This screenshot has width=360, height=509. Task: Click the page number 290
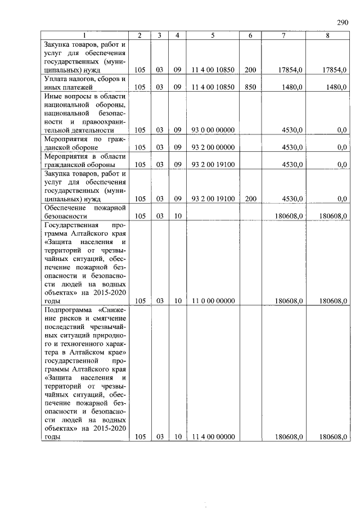point(343,22)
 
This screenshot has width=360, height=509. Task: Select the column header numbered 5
point(213,36)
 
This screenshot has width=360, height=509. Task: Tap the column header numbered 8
point(327,36)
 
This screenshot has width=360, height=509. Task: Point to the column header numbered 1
point(86,36)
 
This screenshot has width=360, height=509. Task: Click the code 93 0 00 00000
point(213,130)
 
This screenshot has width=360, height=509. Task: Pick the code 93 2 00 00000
point(213,147)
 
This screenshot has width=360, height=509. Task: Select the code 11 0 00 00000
point(213,301)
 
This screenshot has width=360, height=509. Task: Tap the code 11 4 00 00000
point(213,437)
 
